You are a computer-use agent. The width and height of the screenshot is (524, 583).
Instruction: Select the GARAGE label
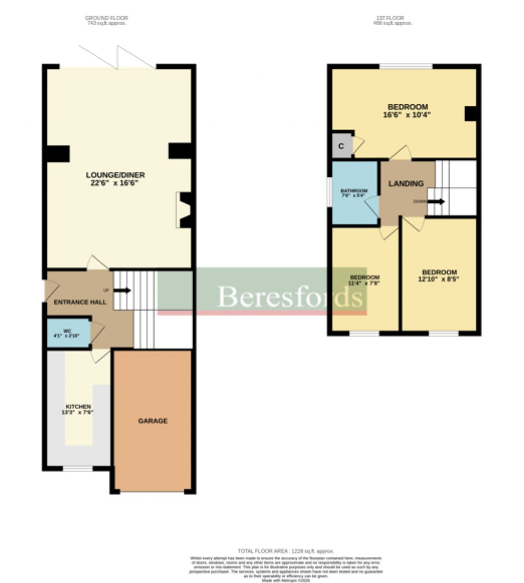152,421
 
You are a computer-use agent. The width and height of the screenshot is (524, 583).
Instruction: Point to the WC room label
67,331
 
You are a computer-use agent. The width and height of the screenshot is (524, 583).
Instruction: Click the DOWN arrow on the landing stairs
435,201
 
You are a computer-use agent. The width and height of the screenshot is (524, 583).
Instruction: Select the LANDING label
406,183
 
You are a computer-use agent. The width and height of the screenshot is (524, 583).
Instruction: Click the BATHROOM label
355,191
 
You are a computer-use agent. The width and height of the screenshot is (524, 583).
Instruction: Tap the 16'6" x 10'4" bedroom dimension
407,115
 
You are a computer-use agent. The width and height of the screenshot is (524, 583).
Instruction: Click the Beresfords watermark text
291,296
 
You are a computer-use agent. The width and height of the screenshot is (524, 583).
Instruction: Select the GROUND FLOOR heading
106,18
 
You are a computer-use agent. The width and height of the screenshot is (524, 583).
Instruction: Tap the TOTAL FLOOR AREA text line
286,551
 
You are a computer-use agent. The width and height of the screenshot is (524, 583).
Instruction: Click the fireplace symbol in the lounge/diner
184,210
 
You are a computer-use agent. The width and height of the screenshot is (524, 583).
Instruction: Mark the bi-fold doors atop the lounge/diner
117,57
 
